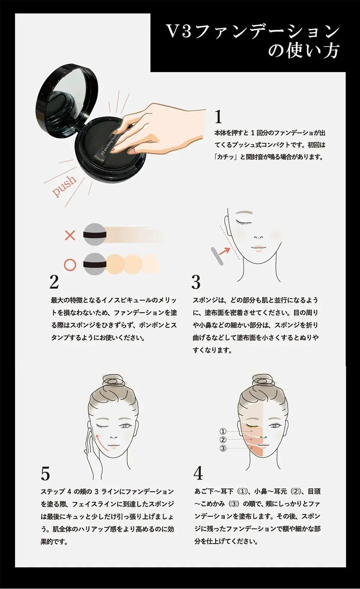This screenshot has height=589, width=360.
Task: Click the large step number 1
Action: [x=218, y=117]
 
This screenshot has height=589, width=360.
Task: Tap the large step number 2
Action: [x=54, y=282]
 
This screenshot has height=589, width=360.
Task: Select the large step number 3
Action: [x=195, y=282]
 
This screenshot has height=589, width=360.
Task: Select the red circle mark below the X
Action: [x=70, y=264]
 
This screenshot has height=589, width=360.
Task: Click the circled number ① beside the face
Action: [x=223, y=431]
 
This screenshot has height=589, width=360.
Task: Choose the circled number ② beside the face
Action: [x=223, y=440]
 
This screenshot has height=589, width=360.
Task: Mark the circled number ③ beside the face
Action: [x=223, y=448]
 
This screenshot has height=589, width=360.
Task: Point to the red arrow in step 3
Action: [x=224, y=250]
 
